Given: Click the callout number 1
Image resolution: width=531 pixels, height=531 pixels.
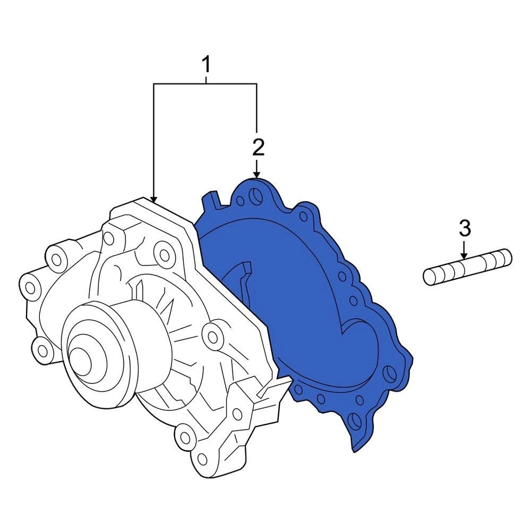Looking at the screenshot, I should [x=206, y=65].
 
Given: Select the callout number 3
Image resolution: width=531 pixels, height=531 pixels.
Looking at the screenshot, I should [x=465, y=227].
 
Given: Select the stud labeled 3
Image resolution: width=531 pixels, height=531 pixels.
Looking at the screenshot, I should [x=468, y=267].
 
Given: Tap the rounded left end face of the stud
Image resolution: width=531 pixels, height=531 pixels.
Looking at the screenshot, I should [x=429, y=276].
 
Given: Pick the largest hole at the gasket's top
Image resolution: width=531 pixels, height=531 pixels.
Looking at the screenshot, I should [x=254, y=195].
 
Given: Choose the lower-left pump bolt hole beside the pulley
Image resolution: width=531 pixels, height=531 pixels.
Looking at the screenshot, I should [x=42, y=348].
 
